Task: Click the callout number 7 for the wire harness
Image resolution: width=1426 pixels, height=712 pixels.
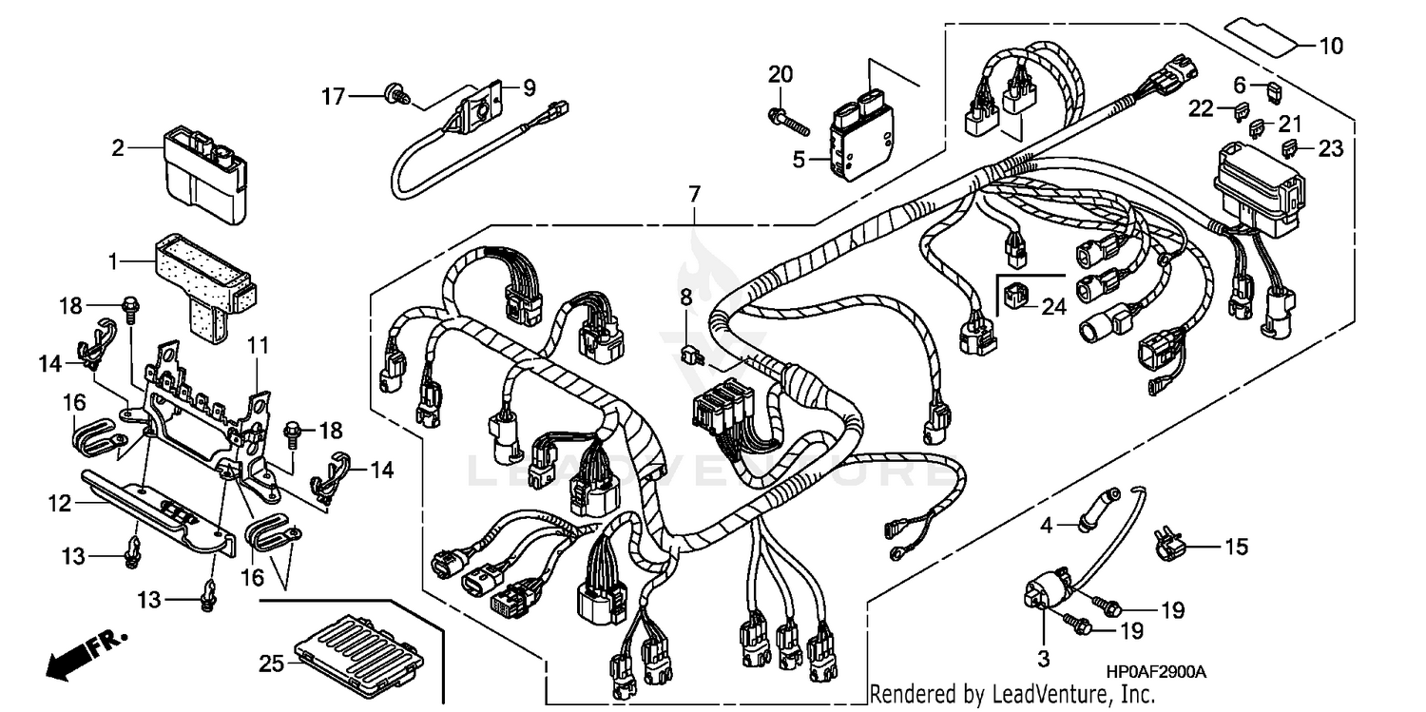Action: pos(695,195)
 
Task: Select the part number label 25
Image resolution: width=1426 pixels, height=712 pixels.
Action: pos(272,664)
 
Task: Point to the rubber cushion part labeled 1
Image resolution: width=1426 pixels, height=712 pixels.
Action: pos(202,277)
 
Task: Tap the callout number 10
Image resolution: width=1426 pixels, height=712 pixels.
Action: pos(1331,45)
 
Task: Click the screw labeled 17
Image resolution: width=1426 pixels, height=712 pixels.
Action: pos(393,93)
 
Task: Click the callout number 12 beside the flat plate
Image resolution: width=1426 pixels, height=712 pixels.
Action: pos(59,503)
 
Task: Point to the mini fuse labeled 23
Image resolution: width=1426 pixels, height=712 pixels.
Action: pos(1290,148)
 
